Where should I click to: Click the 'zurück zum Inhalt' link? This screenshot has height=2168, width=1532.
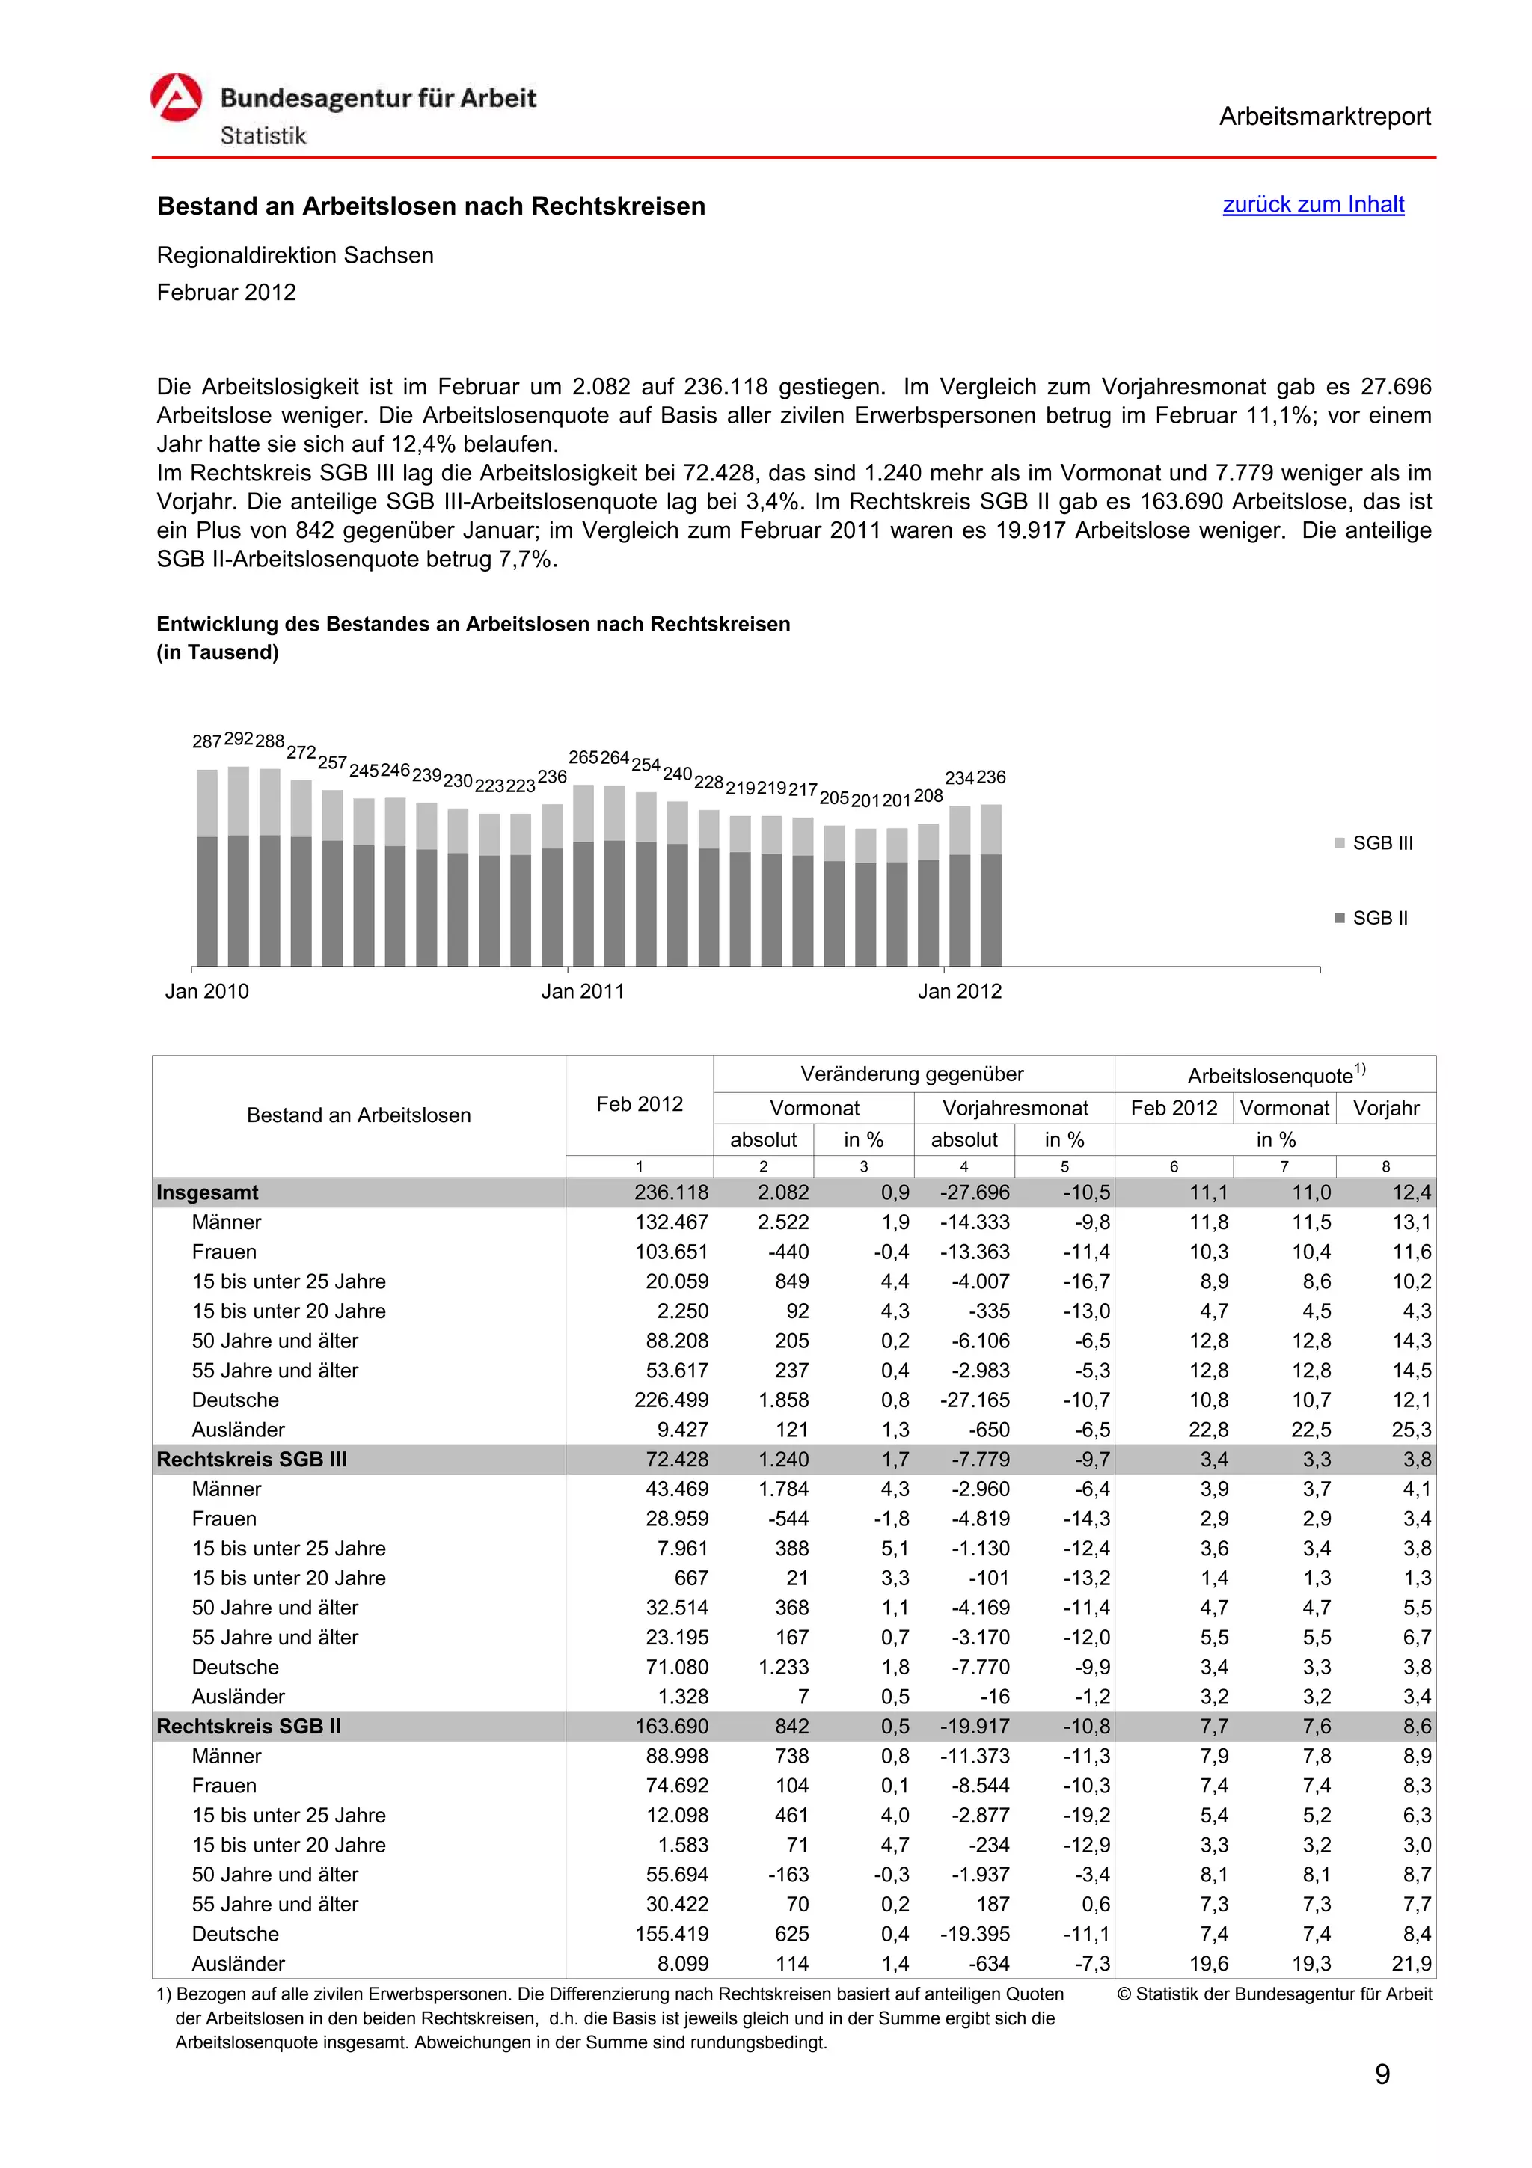click(x=1312, y=204)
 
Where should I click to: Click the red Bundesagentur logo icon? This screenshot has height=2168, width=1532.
click(x=177, y=97)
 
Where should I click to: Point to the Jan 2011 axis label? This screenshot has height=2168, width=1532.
click(x=583, y=990)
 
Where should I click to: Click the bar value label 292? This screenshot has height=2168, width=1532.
click(x=239, y=738)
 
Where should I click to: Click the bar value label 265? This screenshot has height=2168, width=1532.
click(x=583, y=757)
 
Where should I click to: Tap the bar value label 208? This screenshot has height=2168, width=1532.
click(x=928, y=796)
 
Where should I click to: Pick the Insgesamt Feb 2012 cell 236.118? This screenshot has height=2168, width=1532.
click(x=671, y=1192)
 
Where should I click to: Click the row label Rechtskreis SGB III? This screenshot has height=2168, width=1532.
click(x=252, y=1459)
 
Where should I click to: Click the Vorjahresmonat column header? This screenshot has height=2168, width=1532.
click(x=1015, y=1108)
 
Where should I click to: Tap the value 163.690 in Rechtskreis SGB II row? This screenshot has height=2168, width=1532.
click(x=671, y=1726)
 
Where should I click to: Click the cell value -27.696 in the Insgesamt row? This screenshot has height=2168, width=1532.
click(x=974, y=1192)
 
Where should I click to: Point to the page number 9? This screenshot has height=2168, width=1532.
click(x=1382, y=2074)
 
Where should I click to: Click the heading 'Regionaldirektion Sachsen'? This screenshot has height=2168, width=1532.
click(x=295, y=255)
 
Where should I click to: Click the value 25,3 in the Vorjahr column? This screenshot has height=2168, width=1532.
click(x=1411, y=1430)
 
